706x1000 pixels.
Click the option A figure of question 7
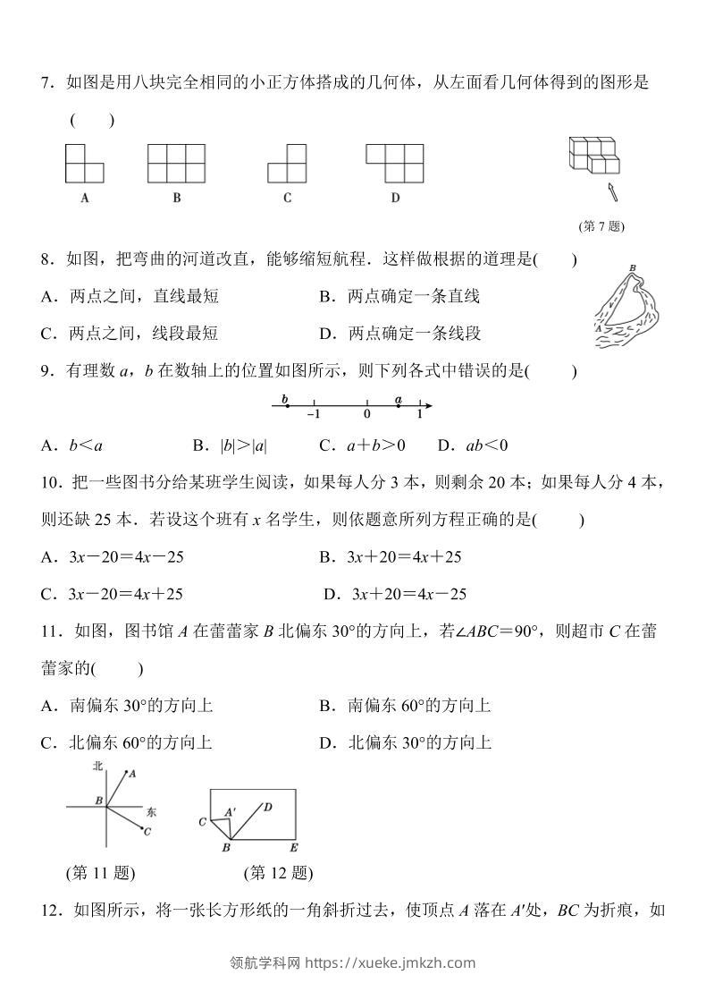84,163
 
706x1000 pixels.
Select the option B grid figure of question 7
177,163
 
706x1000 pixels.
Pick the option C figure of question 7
287,164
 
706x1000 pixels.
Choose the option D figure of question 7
394,163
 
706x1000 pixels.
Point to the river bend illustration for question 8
626,309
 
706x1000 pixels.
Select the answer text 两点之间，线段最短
143,334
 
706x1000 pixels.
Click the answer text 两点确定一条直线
413,297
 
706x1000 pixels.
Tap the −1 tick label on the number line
313,415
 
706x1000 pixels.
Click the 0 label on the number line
366,415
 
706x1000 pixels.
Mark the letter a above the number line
399,399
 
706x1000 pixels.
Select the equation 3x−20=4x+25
126,594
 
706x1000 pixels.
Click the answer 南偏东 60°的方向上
419,706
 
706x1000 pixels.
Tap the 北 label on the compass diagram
98,767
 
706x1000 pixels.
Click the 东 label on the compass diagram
151,812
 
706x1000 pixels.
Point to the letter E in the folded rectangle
293,847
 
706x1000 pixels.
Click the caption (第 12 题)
278,873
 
